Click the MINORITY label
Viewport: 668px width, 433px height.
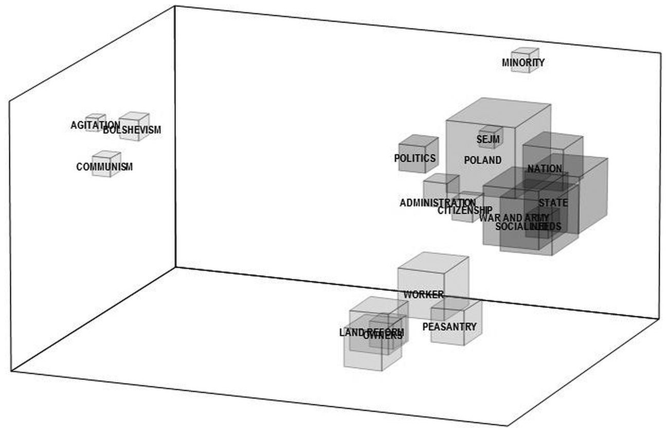pos(523,63)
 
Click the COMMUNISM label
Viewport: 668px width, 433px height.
pos(104,167)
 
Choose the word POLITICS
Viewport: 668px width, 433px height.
pos(414,158)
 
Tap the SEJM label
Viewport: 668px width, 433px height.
pos(485,139)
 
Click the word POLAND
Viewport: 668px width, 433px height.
pos(482,160)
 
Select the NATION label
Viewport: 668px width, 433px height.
pos(545,169)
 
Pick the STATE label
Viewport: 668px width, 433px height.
pos(553,203)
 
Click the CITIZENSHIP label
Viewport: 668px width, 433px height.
pos(464,210)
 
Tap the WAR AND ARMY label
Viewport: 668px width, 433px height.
pos(514,218)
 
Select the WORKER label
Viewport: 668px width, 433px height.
pos(423,295)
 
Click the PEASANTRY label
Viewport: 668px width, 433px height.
pos(449,327)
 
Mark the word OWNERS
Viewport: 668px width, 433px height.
pos(383,336)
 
